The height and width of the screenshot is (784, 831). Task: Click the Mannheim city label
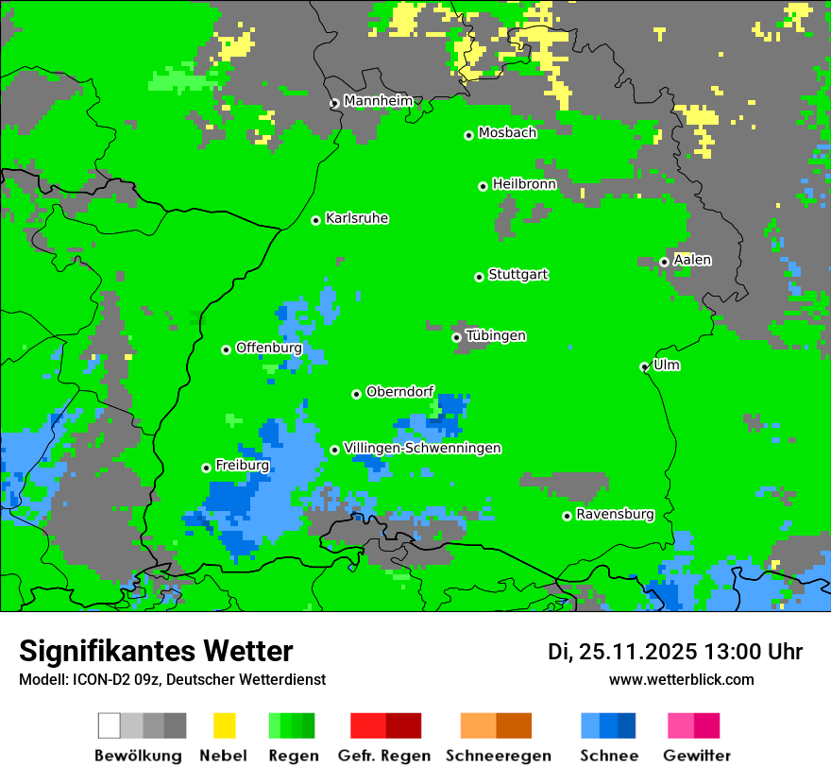(x=378, y=101)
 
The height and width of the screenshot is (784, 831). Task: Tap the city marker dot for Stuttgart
(x=479, y=277)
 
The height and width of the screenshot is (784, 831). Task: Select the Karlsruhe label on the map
(x=356, y=218)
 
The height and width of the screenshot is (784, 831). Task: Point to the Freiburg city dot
(x=206, y=468)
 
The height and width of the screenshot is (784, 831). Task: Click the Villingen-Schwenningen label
(x=422, y=448)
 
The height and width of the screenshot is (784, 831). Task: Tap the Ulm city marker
(x=644, y=366)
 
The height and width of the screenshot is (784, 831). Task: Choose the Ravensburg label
(x=615, y=515)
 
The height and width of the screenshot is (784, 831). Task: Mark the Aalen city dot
(x=664, y=262)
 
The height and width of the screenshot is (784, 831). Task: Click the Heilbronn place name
(x=524, y=184)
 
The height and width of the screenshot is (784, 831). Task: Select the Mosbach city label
(x=507, y=133)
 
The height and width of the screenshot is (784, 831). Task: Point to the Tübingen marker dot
(x=456, y=337)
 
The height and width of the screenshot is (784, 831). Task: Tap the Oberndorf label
(x=399, y=391)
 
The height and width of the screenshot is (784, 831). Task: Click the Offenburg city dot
(x=226, y=349)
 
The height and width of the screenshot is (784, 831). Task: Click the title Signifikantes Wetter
(x=156, y=651)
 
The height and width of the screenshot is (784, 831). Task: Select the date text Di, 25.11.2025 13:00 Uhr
(x=675, y=652)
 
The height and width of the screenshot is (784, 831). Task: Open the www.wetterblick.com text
(x=681, y=679)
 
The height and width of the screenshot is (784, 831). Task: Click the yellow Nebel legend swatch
(x=224, y=725)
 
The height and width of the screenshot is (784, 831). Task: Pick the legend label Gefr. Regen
(x=384, y=756)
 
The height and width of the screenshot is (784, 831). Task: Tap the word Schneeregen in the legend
(x=498, y=756)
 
